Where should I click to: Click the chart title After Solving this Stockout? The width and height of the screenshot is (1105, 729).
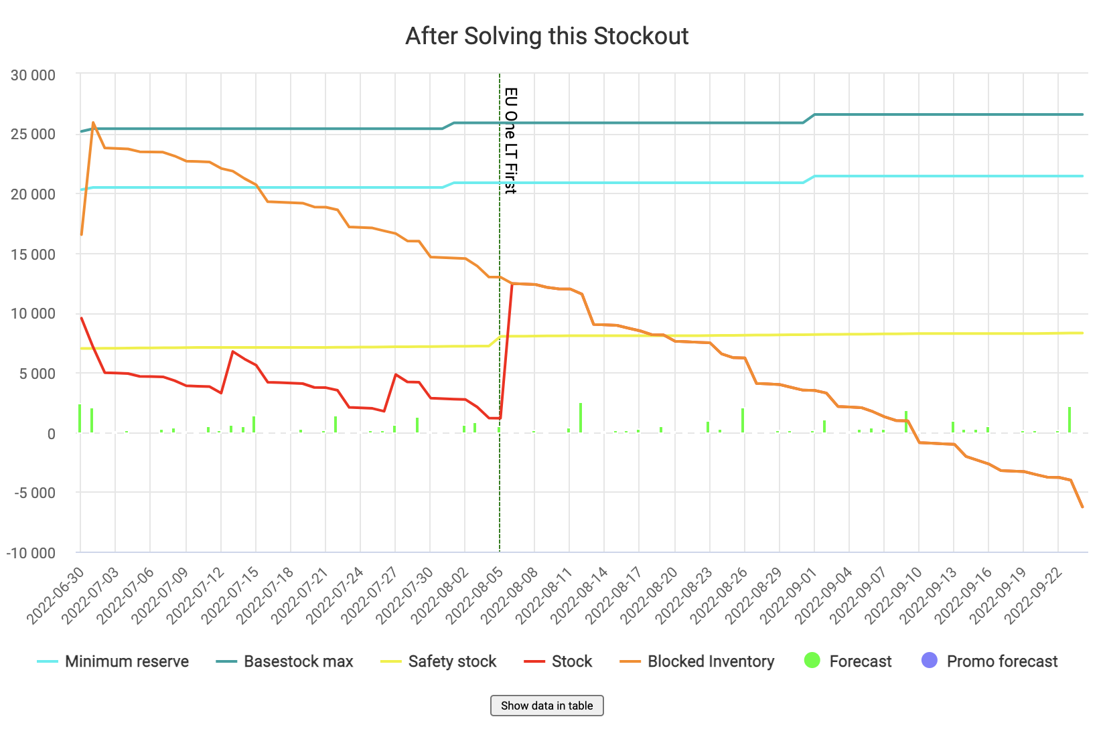coord(546,36)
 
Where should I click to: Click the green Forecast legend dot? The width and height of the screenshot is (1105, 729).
coord(812,661)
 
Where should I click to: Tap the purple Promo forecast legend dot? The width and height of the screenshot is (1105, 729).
coord(930,661)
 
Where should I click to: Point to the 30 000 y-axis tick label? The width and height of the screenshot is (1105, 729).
coord(33,75)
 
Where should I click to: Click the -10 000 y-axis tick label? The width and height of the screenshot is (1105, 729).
coord(31,553)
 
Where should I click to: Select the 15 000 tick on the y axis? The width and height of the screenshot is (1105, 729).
coord(33,254)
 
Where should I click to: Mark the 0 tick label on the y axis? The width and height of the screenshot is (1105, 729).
coord(51,434)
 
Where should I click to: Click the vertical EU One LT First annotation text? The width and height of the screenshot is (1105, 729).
coord(510,141)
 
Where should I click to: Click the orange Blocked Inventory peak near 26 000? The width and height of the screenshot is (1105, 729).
coord(93,123)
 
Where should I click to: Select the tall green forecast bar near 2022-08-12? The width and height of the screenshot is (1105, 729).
coord(581,417)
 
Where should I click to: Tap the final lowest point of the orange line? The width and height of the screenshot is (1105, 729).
coord(1082,507)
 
